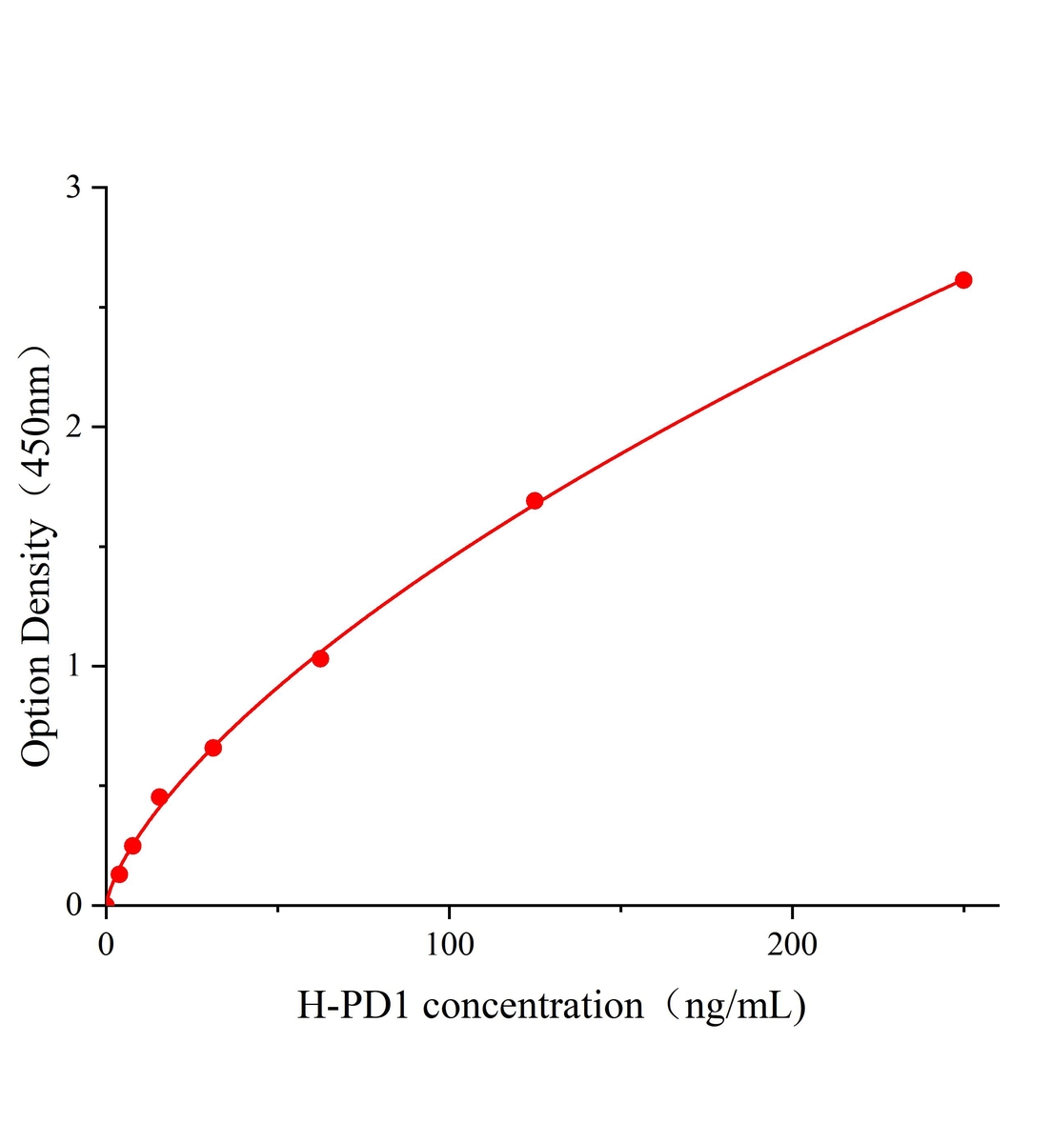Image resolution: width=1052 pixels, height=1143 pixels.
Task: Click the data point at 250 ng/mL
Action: (x=963, y=280)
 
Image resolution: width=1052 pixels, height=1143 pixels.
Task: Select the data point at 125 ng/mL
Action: (x=535, y=501)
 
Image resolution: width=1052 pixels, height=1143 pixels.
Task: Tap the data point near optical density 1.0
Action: (x=320, y=658)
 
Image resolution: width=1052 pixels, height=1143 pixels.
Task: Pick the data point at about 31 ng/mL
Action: (x=213, y=748)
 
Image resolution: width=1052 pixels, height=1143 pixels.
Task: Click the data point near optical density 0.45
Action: (x=160, y=797)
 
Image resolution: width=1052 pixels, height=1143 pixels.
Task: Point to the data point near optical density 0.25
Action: (x=132, y=846)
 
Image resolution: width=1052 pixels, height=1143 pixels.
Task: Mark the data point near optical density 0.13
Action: (x=119, y=874)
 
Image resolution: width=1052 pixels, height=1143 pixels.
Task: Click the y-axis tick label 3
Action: (x=73, y=188)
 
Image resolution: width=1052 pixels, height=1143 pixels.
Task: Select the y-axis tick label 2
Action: (x=73, y=427)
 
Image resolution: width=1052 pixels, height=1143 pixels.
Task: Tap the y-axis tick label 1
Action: (x=73, y=666)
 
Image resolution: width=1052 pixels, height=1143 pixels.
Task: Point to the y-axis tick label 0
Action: (x=73, y=905)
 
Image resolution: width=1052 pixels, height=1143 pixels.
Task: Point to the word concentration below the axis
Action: (x=534, y=1006)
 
